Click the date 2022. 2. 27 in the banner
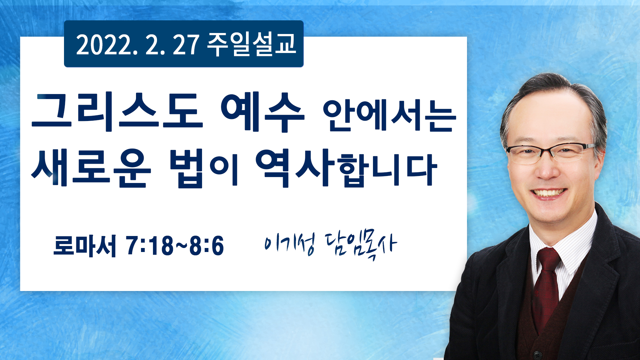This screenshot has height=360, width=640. tap(138, 44)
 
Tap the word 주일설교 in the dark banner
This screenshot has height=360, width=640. tap(252, 44)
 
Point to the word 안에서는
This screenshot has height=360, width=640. tap(389, 115)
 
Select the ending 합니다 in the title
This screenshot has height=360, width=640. tap(388, 170)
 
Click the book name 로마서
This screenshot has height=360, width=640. tap(85, 246)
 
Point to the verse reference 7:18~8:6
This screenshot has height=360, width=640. tap(175, 246)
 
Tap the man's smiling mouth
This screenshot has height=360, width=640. tap(548, 193)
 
